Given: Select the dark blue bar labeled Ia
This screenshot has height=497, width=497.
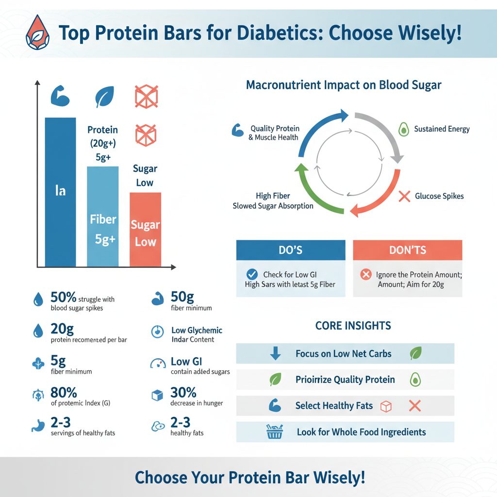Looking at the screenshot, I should point(60,192).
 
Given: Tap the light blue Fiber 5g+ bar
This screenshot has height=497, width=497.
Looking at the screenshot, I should point(102,216).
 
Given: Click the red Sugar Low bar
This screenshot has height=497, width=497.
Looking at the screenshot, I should point(145,229).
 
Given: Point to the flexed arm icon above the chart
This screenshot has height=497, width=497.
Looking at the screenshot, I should point(60,97).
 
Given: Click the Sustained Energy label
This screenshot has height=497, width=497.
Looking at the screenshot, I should point(442,129).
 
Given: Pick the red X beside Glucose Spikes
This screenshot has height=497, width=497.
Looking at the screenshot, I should point(404,196).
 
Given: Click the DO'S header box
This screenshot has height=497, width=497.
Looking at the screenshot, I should point(291,250).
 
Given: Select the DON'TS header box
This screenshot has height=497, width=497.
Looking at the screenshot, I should point(407,250).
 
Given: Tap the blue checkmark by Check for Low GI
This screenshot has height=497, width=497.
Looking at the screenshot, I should point(252,274).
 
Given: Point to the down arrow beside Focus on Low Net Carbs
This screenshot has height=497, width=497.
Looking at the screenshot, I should point(275,353).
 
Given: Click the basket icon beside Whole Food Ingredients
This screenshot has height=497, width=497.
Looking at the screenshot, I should point(275,431).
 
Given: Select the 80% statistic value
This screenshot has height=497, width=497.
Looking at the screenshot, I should point(64,392).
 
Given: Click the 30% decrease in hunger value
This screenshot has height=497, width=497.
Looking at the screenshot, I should point(183,392).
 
